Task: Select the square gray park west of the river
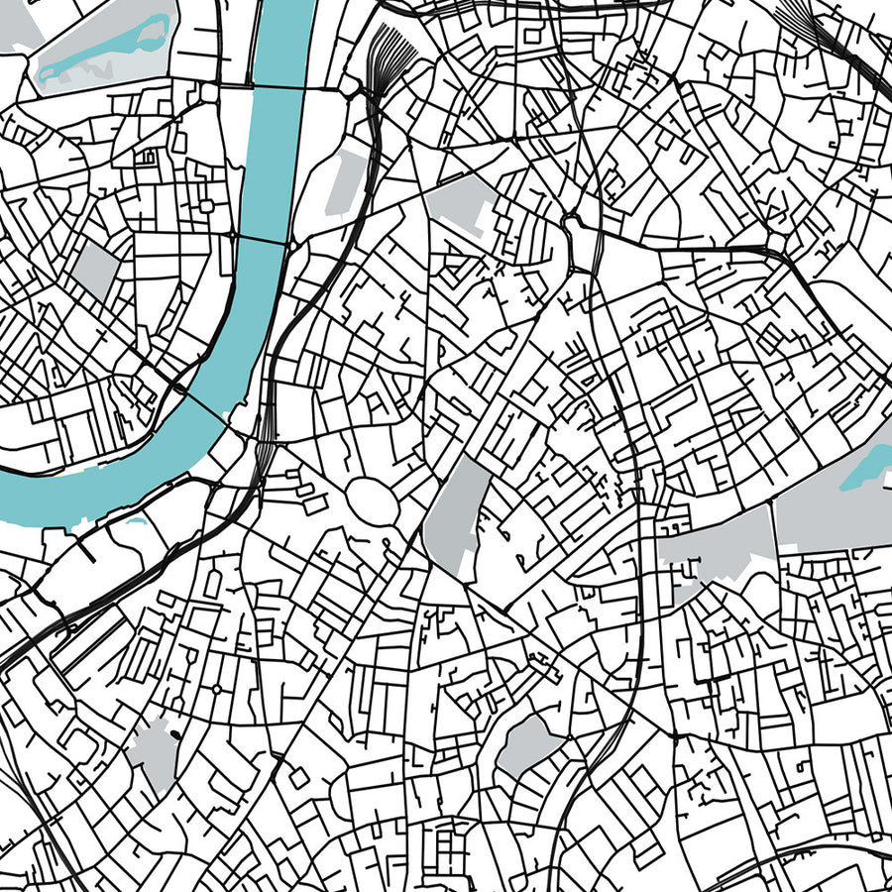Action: coord(96,271)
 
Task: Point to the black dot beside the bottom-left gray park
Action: coord(175,734)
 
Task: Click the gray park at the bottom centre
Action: coord(525,743)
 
